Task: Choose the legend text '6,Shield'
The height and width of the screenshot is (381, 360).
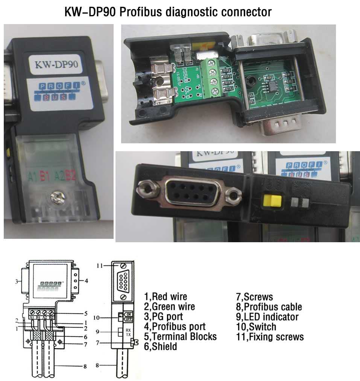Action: pos(160,346)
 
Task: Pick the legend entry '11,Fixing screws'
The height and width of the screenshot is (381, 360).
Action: pos(270,336)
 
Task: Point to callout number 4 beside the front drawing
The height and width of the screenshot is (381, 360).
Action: pos(87,281)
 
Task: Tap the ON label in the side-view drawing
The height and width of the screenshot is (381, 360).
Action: pos(129,314)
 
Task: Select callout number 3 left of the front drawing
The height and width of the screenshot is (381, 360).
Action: pos(16,281)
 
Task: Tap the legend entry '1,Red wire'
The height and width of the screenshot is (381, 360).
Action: pos(166,296)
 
